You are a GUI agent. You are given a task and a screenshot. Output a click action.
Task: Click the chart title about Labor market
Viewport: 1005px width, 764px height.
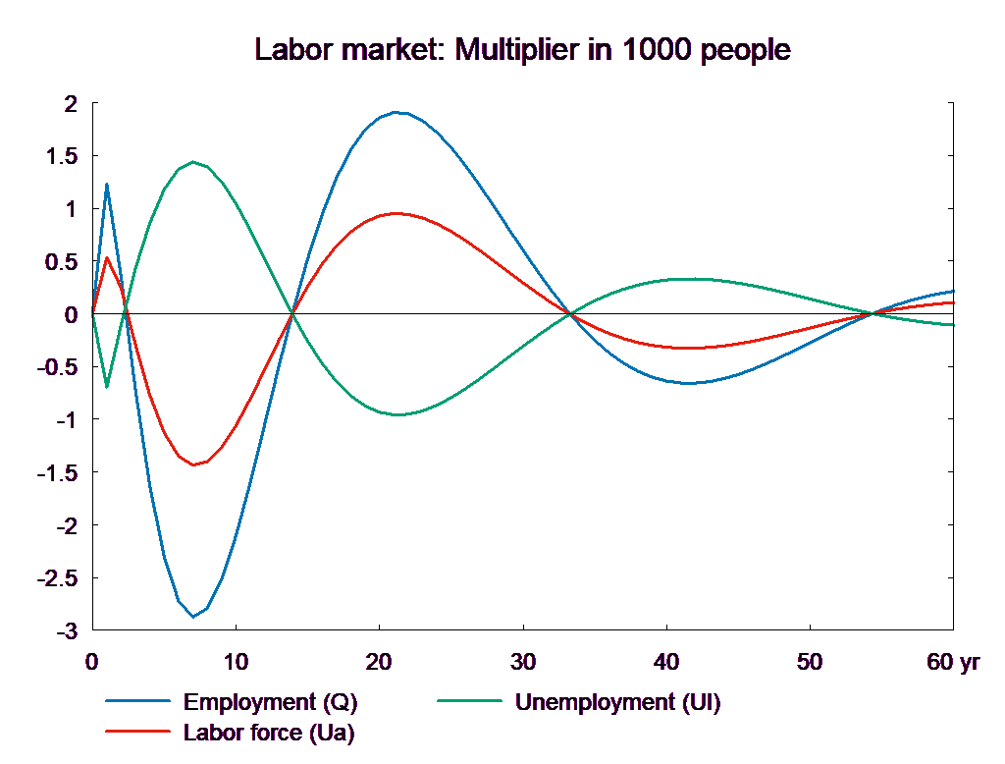pyautogui.click(x=522, y=49)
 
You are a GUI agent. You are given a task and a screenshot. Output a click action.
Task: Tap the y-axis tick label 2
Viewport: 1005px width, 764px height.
pyautogui.click(x=69, y=103)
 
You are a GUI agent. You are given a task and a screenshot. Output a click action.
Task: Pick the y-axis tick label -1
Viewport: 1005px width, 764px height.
pyautogui.click(x=65, y=420)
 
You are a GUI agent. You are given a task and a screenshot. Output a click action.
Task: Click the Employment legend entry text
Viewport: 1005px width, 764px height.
pyautogui.click(x=270, y=702)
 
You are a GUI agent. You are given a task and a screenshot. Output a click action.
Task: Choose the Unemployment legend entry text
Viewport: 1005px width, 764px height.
pyautogui.click(x=617, y=702)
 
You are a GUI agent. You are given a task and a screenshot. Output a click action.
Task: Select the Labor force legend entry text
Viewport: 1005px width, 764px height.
pyautogui.click(x=269, y=732)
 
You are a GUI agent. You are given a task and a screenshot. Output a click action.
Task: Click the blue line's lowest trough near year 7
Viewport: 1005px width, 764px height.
pyautogui.click(x=193, y=617)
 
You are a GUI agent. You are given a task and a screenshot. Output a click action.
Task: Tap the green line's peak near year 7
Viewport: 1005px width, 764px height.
pyautogui.click(x=193, y=162)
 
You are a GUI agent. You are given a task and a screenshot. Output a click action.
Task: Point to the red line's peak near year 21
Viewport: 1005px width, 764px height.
pyautogui.click(x=395, y=213)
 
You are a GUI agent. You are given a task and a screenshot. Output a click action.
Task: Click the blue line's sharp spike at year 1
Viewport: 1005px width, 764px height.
pyautogui.click(x=107, y=184)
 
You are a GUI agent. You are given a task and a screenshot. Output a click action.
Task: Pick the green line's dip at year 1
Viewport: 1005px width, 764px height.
pyautogui.click(x=107, y=387)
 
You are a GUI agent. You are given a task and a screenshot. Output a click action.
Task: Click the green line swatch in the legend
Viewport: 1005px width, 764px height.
pyautogui.click(x=469, y=702)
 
